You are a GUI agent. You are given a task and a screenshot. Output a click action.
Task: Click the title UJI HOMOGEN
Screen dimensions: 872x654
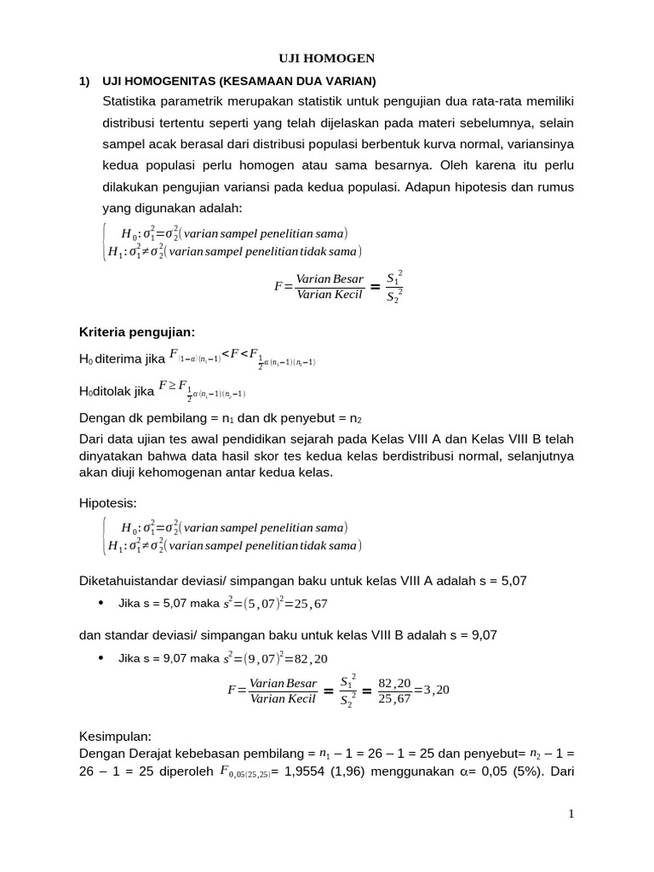(x=327, y=58)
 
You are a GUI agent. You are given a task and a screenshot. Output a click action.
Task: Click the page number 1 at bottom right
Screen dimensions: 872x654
(x=572, y=815)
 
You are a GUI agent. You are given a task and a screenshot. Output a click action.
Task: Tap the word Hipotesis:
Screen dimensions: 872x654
(x=107, y=504)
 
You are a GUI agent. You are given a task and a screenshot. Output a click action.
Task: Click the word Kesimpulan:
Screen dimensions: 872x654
(x=115, y=736)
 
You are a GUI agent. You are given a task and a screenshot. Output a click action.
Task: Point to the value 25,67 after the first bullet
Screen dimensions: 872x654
(x=310, y=604)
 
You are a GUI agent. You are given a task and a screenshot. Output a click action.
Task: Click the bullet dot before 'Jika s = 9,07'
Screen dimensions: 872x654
(x=100, y=657)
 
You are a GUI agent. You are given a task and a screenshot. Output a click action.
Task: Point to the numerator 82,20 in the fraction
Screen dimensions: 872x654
(x=394, y=682)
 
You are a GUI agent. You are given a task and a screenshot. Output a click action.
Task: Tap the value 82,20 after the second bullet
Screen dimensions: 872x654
(x=310, y=658)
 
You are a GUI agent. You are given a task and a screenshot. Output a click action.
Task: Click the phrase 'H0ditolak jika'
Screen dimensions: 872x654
(x=116, y=391)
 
